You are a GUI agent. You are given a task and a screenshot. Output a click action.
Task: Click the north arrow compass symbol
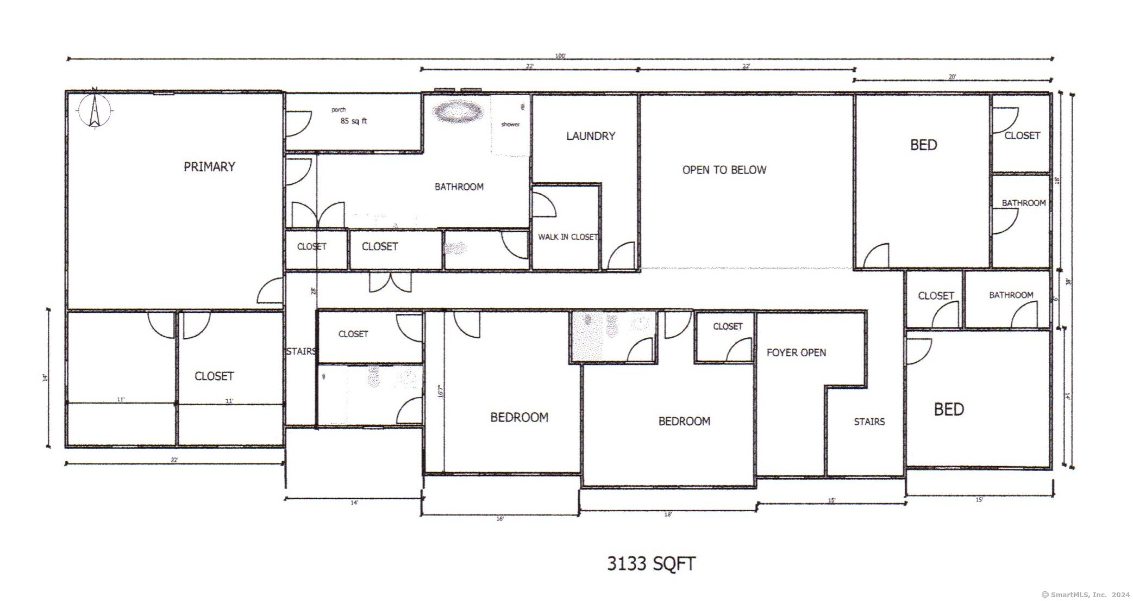coord(95,110)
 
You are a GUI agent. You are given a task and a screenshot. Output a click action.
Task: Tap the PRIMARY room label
coord(209,167)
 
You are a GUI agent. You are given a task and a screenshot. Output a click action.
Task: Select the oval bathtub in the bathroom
coord(458,112)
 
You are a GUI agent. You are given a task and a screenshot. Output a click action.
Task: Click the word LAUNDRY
coord(591,136)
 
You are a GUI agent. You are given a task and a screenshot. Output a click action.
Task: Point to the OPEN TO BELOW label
coord(724,170)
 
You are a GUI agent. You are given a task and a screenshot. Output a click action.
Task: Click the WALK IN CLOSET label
coord(568,237)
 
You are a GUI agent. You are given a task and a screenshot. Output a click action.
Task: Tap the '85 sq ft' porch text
coord(354,121)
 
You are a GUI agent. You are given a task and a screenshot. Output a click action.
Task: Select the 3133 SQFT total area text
coord(651,564)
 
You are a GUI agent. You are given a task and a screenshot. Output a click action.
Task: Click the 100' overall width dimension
coord(560,55)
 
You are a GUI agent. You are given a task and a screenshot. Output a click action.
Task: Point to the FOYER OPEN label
coord(796,353)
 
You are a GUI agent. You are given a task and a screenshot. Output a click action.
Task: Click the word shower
coord(510,125)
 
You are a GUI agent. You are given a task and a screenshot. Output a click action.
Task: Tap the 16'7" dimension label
coord(441,391)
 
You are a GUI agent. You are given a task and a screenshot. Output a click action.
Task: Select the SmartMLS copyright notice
coord(1085,595)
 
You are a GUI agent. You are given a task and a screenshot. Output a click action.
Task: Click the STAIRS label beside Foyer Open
coord(869,422)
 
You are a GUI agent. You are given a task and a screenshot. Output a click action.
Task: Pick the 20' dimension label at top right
coord(952,77)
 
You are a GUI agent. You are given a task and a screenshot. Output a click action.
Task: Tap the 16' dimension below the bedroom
coord(500,519)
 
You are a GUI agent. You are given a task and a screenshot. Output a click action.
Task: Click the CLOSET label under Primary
coord(214,376)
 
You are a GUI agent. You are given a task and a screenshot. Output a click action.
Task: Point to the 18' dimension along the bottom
coord(668,515)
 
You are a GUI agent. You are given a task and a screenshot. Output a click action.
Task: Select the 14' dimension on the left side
coord(46,377)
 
